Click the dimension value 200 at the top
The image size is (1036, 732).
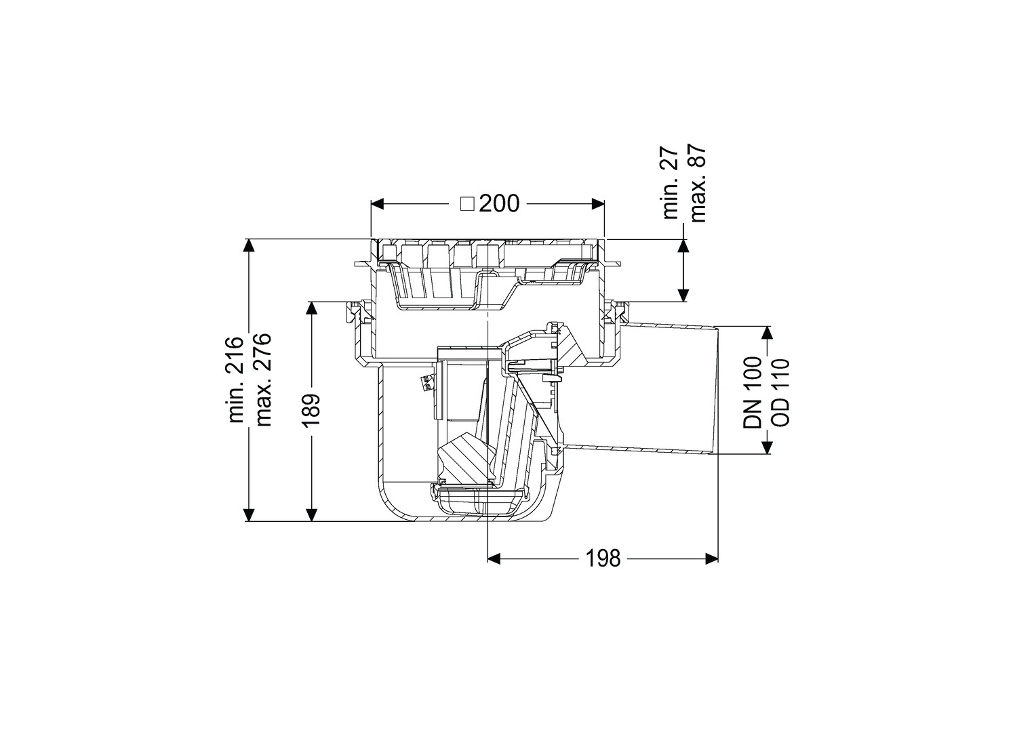pos(500,203)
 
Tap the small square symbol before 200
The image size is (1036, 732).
pos(468,204)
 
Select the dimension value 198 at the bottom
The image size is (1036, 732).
pos(603,558)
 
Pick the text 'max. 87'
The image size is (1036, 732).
pos(697,183)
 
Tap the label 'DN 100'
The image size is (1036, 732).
pos(753,392)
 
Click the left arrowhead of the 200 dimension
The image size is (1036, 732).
pos(378,204)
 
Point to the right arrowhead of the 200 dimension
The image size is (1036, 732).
pos(598,204)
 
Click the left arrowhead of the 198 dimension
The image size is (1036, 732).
pos(494,558)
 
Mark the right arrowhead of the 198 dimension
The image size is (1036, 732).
pos(712,558)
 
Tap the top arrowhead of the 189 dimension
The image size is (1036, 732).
pos(313,308)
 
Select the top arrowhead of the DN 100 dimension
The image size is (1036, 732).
pos(767,333)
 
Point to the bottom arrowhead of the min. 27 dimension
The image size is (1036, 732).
pos(683,295)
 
